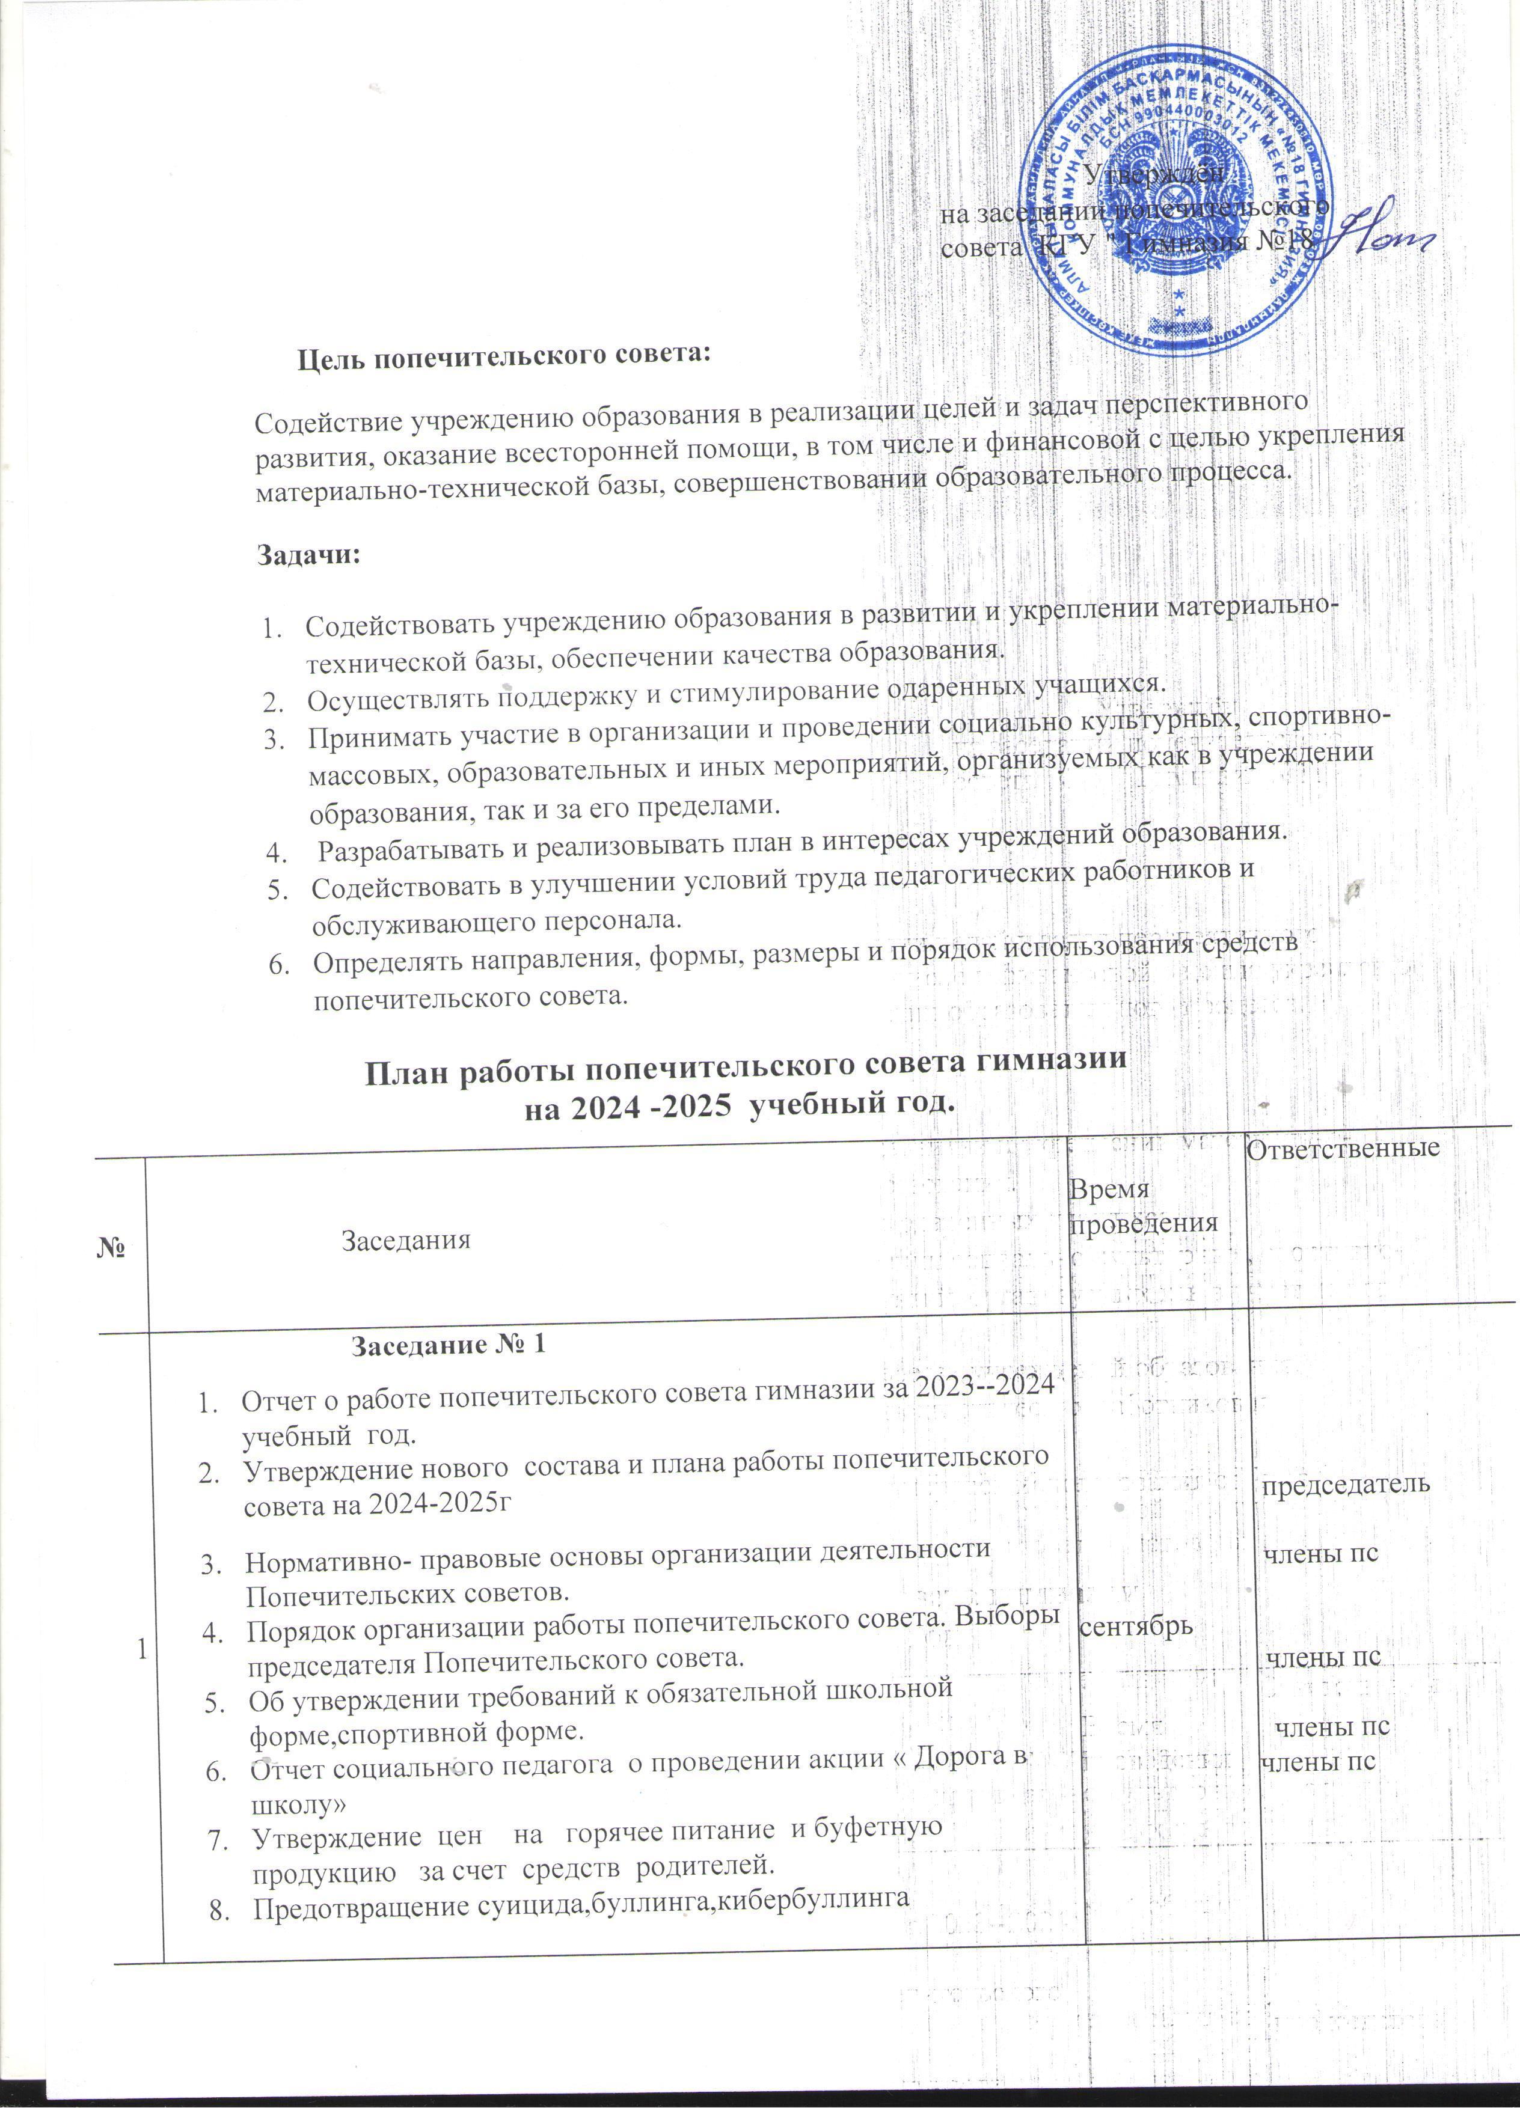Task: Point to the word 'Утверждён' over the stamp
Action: click(x=1156, y=174)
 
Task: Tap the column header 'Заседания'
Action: click(x=406, y=1239)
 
